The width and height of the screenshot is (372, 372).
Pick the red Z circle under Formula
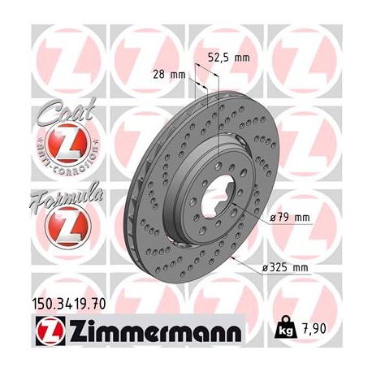pyautogui.click(x=61, y=223)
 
